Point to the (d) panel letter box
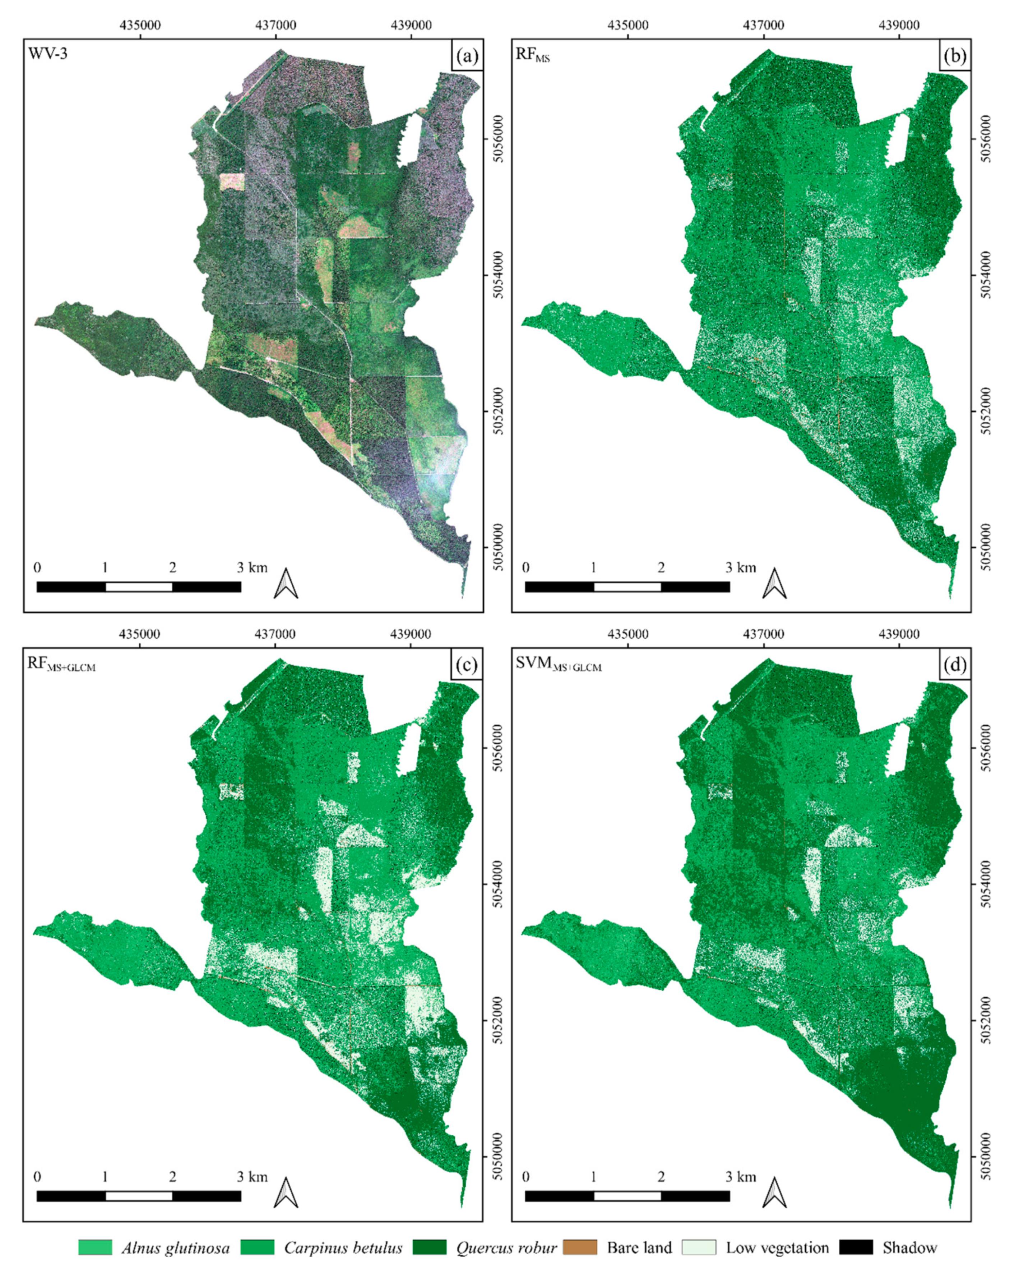[955, 665]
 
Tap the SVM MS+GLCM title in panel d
[558, 664]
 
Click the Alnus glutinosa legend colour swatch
[95, 1247]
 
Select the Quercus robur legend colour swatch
[430, 1247]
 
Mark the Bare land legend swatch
[580, 1247]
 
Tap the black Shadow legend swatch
[855, 1247]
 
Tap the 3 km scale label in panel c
[252, 1177]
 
